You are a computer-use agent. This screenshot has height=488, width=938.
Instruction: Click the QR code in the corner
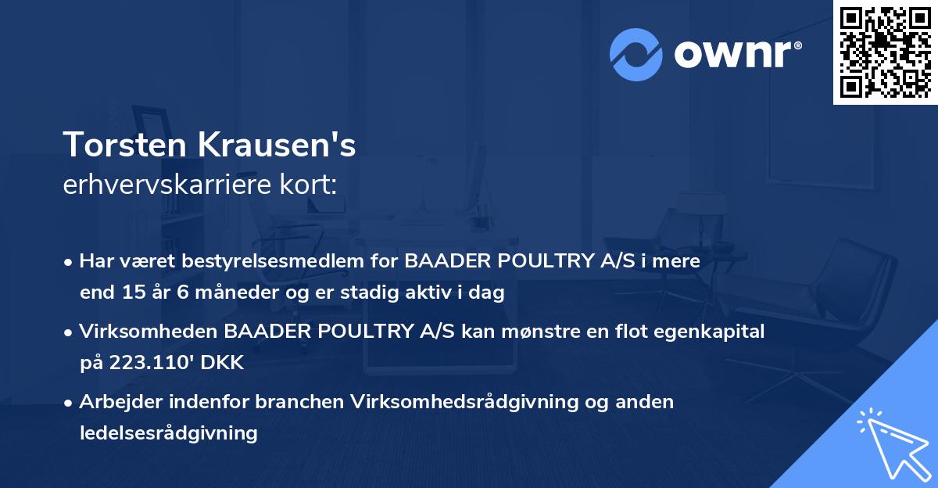click(x=886, y=52)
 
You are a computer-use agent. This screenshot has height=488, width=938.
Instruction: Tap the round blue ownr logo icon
click(x=635, y=55)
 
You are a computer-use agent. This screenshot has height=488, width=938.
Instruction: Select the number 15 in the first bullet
click(x=128, y=293)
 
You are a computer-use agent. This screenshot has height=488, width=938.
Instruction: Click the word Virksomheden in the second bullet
click(x=149, y=332)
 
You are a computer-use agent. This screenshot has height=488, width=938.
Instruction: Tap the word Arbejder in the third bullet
click(x=119, y=402)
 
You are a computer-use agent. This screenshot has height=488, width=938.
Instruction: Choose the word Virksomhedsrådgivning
click(x=466, y=402)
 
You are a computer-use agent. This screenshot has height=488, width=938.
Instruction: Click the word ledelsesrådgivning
click(x=169, y=432)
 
